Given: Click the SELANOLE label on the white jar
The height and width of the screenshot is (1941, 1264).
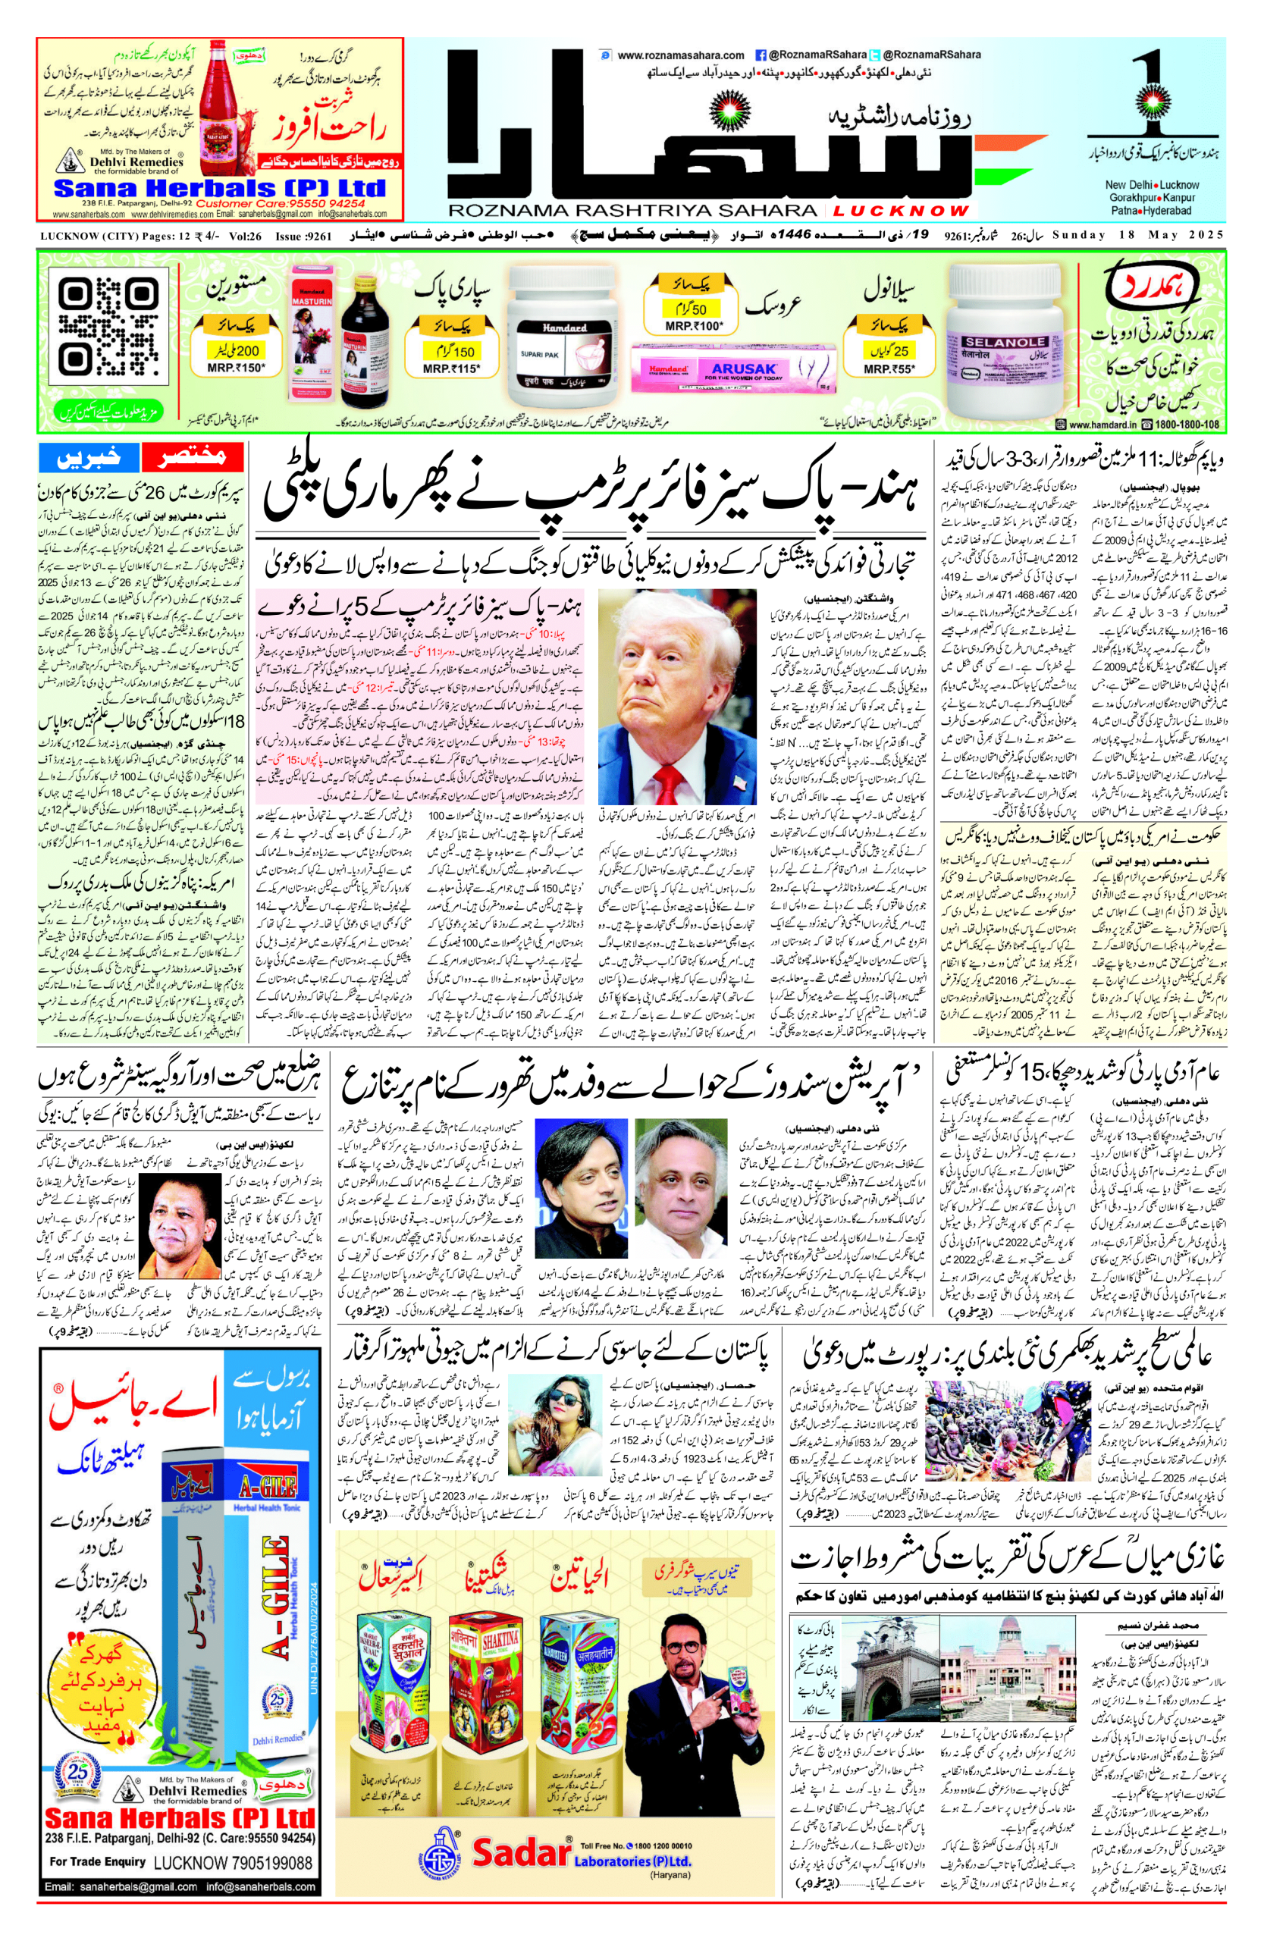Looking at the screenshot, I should (993, 343).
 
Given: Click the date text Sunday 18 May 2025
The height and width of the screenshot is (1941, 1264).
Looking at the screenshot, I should (1137, 235).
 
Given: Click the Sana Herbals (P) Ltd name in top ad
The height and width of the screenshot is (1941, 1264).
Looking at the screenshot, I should (219, 188).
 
